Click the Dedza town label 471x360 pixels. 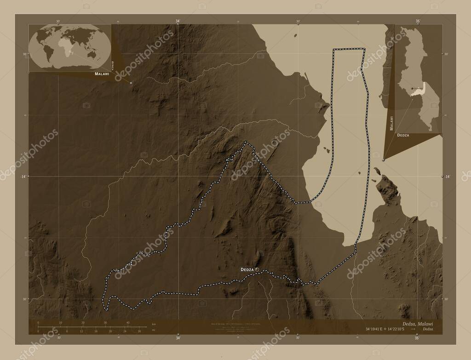pyautogui.click(x=247, y=269)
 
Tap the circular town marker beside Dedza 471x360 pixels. pyautogui.click(x=257, y=269)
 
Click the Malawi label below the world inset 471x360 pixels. pyautogui.click(x=102, y=74)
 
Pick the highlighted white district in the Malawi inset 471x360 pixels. pyautogui.click(x=419, y=91)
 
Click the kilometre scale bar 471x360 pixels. pyautogui.click(x=83, y=326)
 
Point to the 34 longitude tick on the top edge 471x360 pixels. pyautogui.click(x=178, y=22)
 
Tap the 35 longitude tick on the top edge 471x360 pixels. pyautogui.click(x=417, y=22)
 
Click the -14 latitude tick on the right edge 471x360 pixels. pyautogui.click(x=444, y=177)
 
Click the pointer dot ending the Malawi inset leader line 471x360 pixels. pyautogui.click(x=384, y=160)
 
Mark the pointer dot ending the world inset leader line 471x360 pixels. pyautogui.click(x=131, y=83)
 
